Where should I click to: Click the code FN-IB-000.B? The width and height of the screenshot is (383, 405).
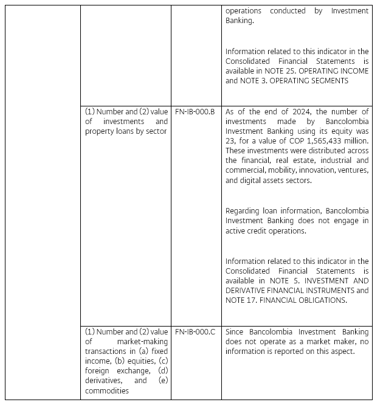[x=195, y=112]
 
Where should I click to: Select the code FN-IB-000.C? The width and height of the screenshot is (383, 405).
[x=195, y=332]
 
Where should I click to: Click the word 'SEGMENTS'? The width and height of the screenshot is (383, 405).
[x=329, y=81]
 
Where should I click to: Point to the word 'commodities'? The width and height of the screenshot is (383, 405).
[x=106, y=390]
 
